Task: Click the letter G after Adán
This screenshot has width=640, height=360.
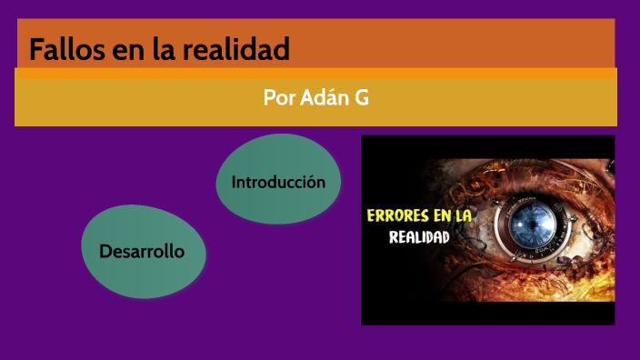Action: click(361, 97)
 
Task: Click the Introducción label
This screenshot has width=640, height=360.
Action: click(278, 182)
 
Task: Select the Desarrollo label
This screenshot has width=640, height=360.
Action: click(142, 251)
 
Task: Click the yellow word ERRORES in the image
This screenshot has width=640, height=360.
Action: click(399, 216)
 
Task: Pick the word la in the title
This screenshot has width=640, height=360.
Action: click(175, 49)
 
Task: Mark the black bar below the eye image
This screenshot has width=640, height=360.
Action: click(488, 314)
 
